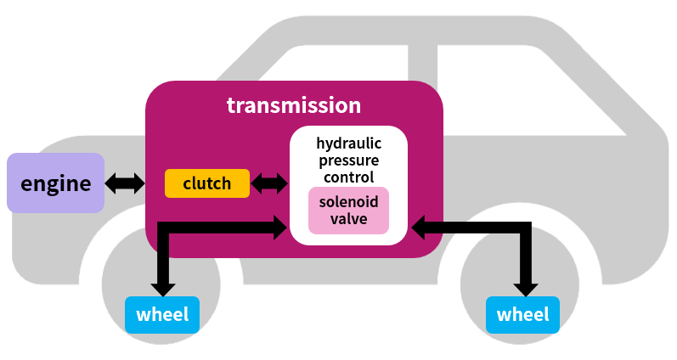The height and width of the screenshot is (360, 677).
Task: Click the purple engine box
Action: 55,183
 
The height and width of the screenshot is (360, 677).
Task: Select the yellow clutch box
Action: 207,183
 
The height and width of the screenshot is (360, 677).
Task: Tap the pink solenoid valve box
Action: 348,211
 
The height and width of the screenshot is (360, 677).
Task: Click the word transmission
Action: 294,106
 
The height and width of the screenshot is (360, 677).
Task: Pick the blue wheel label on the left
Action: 161,315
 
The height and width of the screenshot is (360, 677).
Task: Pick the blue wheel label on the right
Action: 522,315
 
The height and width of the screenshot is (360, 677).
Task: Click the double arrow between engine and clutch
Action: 125,183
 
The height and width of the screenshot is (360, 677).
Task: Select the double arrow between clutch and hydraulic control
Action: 270,183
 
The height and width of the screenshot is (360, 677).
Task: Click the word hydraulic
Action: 349,143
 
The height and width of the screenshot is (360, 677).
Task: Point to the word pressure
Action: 349,160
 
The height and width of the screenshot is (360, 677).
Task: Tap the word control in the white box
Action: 349,177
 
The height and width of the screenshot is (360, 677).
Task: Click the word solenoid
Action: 349,202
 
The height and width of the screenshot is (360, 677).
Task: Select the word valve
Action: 349,219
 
